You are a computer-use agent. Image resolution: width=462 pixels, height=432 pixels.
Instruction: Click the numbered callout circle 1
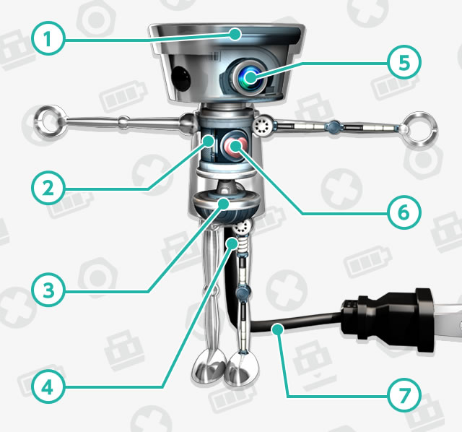(48, 39)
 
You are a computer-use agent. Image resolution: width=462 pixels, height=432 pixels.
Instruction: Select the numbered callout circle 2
(48, 188)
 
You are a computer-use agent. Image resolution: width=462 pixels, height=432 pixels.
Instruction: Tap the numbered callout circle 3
(48, 290)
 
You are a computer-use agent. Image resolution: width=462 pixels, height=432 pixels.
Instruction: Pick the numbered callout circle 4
(48, 387)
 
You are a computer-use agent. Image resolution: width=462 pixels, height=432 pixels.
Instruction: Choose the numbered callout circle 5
(404, 62)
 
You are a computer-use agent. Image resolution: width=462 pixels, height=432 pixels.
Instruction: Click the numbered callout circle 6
(404, 212)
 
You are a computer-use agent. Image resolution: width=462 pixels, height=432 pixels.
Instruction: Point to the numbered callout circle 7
(404, 395)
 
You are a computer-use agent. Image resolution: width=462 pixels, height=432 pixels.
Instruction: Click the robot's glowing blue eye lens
(250, 78)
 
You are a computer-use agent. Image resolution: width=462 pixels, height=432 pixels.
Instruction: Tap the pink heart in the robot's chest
(236, 146)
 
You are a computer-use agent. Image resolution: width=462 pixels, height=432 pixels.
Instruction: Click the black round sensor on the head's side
(181, 78)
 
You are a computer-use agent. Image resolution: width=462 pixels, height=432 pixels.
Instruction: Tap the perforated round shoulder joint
(262, 125)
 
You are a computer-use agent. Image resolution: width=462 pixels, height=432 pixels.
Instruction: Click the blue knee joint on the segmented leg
(243, 293)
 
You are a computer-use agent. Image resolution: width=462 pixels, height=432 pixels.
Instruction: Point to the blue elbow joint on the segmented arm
(333, 127)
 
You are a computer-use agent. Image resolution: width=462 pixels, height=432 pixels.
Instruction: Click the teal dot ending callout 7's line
(278, 329)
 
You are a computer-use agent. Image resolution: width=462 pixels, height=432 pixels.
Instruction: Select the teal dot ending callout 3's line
(224, 204)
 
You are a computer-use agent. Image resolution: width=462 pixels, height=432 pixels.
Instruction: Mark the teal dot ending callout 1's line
(235, 34)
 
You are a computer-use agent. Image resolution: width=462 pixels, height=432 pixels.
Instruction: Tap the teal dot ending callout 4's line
(232, 244)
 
